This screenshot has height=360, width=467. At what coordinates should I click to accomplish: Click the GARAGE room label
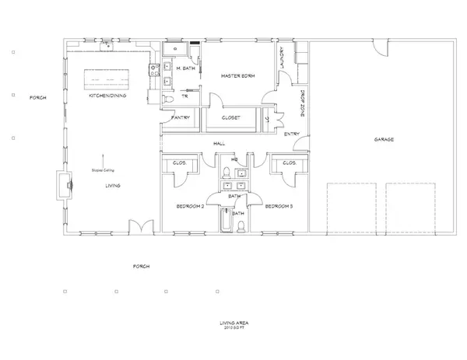click(x=383, y=140)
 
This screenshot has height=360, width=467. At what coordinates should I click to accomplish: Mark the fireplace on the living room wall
click(x=67, y=185)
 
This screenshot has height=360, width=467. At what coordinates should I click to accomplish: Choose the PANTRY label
click(x=181, y=118)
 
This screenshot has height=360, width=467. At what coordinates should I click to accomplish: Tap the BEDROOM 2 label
click(x=190, y=207)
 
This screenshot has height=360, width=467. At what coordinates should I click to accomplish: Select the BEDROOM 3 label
click(x=279, y=207)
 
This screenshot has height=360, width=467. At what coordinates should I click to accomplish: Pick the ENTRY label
click(x=291, y=134)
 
